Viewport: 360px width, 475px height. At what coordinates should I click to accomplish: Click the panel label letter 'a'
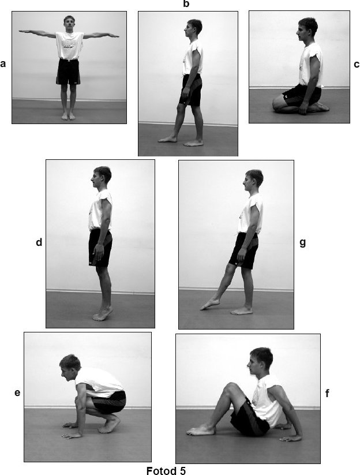(x=3, y=64)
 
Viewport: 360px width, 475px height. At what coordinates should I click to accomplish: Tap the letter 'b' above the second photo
(x=186, y=4)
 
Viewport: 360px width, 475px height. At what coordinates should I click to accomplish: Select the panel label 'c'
(x=357, y=65)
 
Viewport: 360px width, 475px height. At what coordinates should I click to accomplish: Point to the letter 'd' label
(x=39, y=242)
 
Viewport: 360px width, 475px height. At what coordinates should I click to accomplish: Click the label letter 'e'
(x=17, y=393)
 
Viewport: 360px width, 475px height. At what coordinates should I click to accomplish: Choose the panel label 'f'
(x=327, y=394)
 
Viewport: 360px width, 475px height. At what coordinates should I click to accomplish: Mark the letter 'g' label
(x=302, y=243)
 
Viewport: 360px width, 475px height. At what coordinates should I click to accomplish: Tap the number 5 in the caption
(x=182, y=470)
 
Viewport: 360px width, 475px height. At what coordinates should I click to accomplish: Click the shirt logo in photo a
(x=69, y=44)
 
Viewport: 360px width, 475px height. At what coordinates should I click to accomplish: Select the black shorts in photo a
(x=69, y=72)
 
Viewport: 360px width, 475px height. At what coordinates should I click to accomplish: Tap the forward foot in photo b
(x=167, y=139)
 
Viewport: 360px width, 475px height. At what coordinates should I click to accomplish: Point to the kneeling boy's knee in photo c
(x=277, y=105)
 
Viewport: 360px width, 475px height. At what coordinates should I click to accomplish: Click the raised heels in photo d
(x=107, y=309)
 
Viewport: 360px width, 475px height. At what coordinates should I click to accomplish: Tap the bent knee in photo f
(x=230, y=388)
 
